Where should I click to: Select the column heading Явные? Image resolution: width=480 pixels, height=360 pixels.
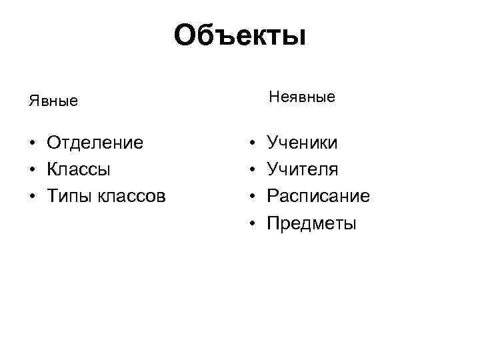pos(53,101)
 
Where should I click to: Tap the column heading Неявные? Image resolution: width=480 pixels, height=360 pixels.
pos(302,97)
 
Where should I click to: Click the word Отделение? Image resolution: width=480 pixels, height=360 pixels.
pos(95,143)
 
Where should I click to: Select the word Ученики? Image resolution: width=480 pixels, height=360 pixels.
pos(302,143)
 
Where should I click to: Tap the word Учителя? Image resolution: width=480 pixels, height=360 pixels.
pos(303,169)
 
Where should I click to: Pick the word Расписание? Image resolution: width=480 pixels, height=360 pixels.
pos(318,197)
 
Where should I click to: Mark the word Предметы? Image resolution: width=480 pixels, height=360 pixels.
pos(311,223)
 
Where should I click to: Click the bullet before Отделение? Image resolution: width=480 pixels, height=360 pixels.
pos(31,143)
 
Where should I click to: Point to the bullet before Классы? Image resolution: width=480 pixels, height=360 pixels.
pos(31,170)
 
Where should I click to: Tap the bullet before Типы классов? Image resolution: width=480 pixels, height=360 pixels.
pos(31,197)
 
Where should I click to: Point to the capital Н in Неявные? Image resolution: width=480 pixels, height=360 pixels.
pos(274,97)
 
